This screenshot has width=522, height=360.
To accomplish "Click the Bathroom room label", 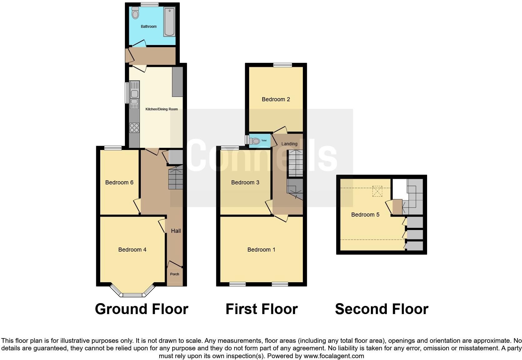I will [149, 27].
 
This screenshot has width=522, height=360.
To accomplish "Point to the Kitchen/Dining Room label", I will [161, 109].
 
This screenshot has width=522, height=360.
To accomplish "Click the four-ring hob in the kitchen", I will [134, 128].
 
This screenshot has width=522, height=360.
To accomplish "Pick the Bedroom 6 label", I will [119, 182].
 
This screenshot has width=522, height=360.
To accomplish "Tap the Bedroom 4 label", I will [132, 249].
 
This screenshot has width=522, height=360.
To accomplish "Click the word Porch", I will [175, 274].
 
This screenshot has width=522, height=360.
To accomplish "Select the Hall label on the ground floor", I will [176, 231].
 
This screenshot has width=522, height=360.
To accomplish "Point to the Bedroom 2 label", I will [276, 99].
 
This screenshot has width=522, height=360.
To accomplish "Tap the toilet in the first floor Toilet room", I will [255, 141].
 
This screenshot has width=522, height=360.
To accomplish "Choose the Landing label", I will [289, 144].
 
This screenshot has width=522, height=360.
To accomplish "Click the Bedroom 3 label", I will [245, 182].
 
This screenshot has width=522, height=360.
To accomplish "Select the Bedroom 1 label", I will [261, 249].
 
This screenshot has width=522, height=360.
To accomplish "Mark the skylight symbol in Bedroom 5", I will [377, 192].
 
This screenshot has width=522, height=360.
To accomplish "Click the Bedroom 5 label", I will [365, 215].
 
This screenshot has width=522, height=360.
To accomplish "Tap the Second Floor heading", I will [382, 309].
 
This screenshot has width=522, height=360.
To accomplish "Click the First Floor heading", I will [262, 309].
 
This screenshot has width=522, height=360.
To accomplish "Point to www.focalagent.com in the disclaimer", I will [334, 356].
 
